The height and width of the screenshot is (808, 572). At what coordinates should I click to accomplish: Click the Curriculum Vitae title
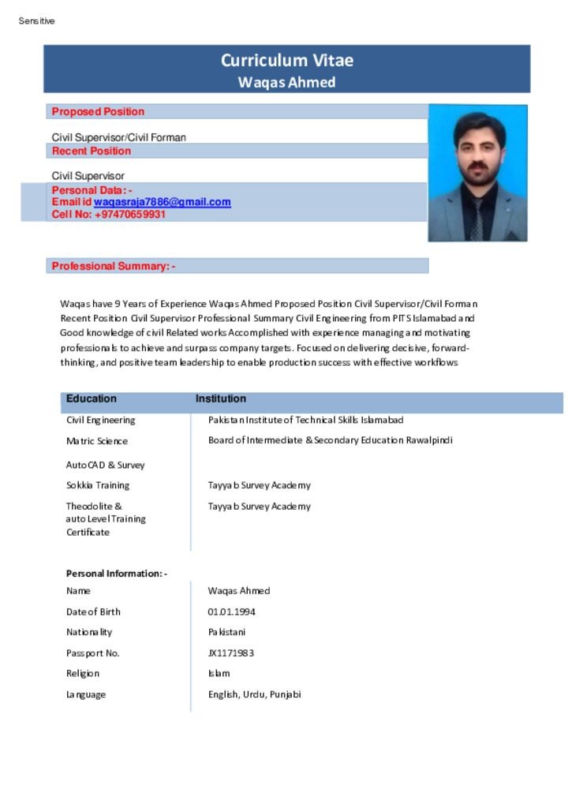[x=286, y=61]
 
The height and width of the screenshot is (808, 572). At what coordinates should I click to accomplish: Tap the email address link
[x=163, y=202]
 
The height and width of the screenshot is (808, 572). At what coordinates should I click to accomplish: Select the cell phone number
[x=130, y=214]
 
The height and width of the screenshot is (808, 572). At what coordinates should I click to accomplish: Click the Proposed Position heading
[x=98, y=112]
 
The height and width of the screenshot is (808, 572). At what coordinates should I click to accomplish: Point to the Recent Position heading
[x=92, y=151]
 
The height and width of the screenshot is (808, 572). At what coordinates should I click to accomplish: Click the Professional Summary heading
[x=114, y=267]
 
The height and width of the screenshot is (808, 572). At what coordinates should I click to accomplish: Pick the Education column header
[x=92, y=399]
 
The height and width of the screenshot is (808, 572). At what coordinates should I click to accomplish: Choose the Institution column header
[x=221, y=399]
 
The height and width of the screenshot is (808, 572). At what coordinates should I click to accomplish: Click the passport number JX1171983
[x=230, y=653]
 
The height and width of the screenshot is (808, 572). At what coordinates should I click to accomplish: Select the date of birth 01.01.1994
[x=231, y=612]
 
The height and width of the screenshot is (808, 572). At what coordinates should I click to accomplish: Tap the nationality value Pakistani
[x=226, y=632]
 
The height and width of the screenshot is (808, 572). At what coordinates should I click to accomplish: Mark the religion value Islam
[x=219, y=674]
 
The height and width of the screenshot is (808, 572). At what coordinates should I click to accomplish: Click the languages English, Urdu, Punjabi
[x=254, y=694]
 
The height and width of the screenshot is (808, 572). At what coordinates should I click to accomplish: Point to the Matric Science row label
[x=97, y=441]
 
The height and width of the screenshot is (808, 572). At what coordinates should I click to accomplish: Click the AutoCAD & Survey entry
[x=106, y=466]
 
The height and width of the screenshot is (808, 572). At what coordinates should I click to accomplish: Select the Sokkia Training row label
[x=98, y=485]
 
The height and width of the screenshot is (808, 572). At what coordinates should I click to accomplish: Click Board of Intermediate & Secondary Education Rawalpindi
[x=330, y=440]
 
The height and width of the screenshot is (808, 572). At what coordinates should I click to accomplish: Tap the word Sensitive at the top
[x=37, y=21]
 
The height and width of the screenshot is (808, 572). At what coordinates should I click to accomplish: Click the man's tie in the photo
[x=477, y=217]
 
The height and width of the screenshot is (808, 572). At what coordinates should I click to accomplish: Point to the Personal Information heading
[x=116, y=574]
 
